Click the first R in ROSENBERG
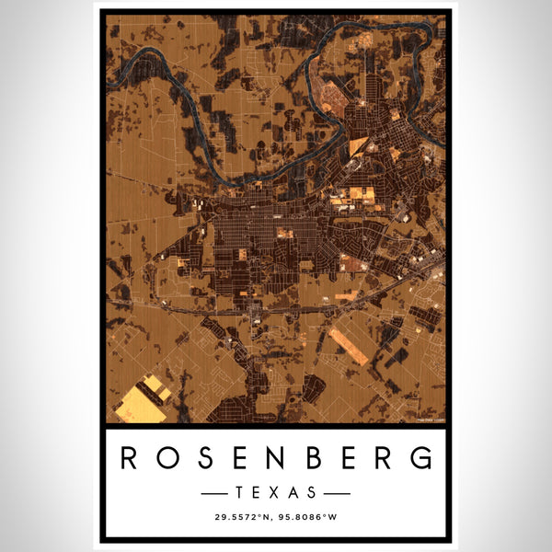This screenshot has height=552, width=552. tap(130, 457)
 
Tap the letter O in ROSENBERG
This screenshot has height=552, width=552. tap(167, 457)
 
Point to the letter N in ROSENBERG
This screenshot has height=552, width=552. tap(276, 457)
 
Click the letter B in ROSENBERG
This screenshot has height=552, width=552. tap(314, 457)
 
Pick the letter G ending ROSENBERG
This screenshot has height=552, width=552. tap(421, 457)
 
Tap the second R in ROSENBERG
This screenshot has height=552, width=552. tap(385, 457)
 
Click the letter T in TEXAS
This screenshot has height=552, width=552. tap(240, 492)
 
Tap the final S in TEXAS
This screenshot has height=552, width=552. tap(312, 492)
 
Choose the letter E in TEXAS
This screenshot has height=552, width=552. tap(258, 492)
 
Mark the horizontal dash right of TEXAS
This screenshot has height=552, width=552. tap(337, 493)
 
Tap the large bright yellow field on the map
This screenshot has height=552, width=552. tap(144, 402)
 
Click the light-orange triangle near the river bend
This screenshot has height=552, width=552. tap(357, 147)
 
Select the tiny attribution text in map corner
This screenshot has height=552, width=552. tap(430, 420)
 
